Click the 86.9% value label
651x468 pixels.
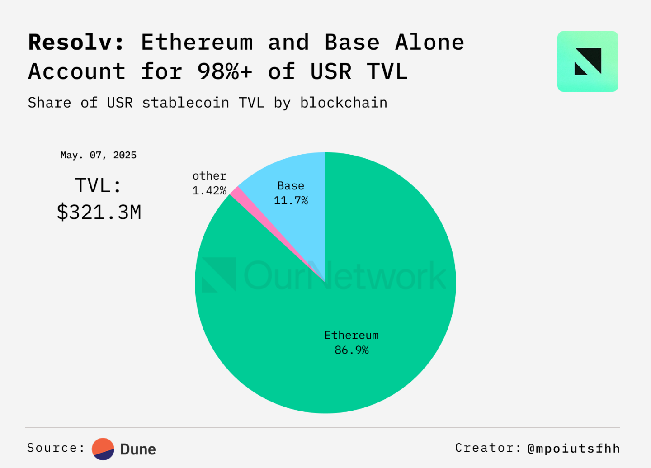pyautogui.click(x=352, y=350)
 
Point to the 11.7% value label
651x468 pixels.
pyautogui.click(x=291, y=200)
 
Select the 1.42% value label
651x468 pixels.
pyautogui.click(x=209, y=190)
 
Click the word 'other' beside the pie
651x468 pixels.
pyautogui.click(x=209, y=176)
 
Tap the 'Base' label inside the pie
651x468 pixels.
pyautogui.click(x=291, y=186)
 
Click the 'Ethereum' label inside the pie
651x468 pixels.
pyautogui.click(x=352, y=335)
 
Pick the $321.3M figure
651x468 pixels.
pyautogui.click(x=99, y=212)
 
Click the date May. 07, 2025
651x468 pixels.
pyautogui.click(x=99, y=155)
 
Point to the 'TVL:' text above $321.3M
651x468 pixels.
pyautogui.click(x=99, y=185)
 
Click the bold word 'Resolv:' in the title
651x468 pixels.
pyautogui.click(x=76, y=43)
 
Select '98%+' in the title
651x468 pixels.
pyautogui.click(x=225, y=71)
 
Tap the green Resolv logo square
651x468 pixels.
pyautogui.click(x=588, y=61)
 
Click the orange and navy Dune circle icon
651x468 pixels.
pyautogui.click(x=103, y=449)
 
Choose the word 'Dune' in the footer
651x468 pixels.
pyautogui.click(x=138, y=449)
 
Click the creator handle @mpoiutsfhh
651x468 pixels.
pyautogui.click(x=574, y=448)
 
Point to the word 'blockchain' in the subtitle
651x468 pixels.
pyautogui.click(x=344, y=103)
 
